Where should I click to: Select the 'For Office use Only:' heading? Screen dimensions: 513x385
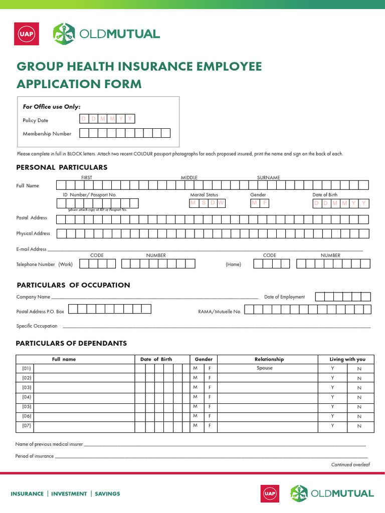coord(52,107)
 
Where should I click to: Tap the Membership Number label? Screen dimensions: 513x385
coord(47,134)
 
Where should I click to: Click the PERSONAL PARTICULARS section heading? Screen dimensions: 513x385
coord(62,167)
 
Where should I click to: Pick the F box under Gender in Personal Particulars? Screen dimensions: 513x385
coord(264,203)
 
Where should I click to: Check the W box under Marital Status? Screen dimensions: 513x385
coord(221,203)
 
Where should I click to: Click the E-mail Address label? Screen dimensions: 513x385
coord(31,249)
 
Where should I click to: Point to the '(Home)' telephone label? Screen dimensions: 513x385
coord(233,265)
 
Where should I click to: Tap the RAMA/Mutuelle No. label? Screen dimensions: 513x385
coord(220,312)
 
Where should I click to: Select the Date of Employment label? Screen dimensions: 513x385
coord(284,297)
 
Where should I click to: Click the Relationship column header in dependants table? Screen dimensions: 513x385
coord(269,359)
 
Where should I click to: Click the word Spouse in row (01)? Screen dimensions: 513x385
coord(265,368)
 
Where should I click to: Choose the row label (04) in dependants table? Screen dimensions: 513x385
coord(27,397)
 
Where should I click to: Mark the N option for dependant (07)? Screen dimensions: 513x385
coord(359,426)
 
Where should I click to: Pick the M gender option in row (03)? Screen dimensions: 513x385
coord(195,387)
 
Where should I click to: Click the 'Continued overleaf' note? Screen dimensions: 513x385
coord(350,465)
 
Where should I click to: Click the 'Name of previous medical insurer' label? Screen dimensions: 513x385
coord(49,444)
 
